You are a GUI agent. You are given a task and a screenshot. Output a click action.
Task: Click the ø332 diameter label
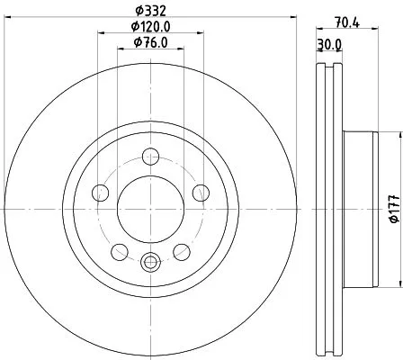tap(151, 12)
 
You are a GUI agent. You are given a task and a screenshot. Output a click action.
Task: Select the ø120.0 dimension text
tap(151, 28)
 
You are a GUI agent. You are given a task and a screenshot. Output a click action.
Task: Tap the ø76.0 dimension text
tap(151, 43)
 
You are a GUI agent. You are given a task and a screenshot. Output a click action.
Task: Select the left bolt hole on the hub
tap(101, 193)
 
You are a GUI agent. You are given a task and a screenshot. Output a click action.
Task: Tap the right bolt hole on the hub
tap(201, 193)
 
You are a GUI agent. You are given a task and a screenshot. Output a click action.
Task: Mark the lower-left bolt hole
tap(120, 251)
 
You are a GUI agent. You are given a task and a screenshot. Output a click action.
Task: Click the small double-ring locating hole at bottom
tap(150, 263)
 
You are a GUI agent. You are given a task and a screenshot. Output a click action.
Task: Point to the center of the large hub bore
tap(150, 208)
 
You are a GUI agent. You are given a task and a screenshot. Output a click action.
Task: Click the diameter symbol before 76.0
tap(136, 43)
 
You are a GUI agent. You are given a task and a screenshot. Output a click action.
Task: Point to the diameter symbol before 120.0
tap(133, 28)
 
